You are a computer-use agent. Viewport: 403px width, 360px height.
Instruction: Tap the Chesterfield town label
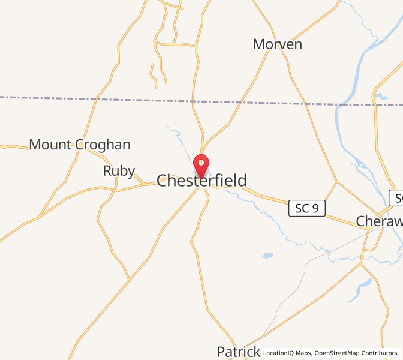201,181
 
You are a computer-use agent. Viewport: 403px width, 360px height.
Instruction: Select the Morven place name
277,44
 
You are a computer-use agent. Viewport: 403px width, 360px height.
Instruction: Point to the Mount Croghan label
80,145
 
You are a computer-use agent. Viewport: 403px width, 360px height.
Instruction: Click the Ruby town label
119,171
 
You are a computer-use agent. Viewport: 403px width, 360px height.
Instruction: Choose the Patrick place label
238,352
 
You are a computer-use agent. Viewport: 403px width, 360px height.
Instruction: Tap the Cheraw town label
379,221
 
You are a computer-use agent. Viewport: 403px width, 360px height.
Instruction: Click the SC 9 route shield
307,208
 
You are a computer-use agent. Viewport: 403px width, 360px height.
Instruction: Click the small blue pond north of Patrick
267,256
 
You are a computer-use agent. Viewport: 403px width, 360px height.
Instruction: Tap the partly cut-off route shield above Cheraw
396,198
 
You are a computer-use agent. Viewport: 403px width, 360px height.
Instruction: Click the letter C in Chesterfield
163,181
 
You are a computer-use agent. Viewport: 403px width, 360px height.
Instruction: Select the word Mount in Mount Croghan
51,145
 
